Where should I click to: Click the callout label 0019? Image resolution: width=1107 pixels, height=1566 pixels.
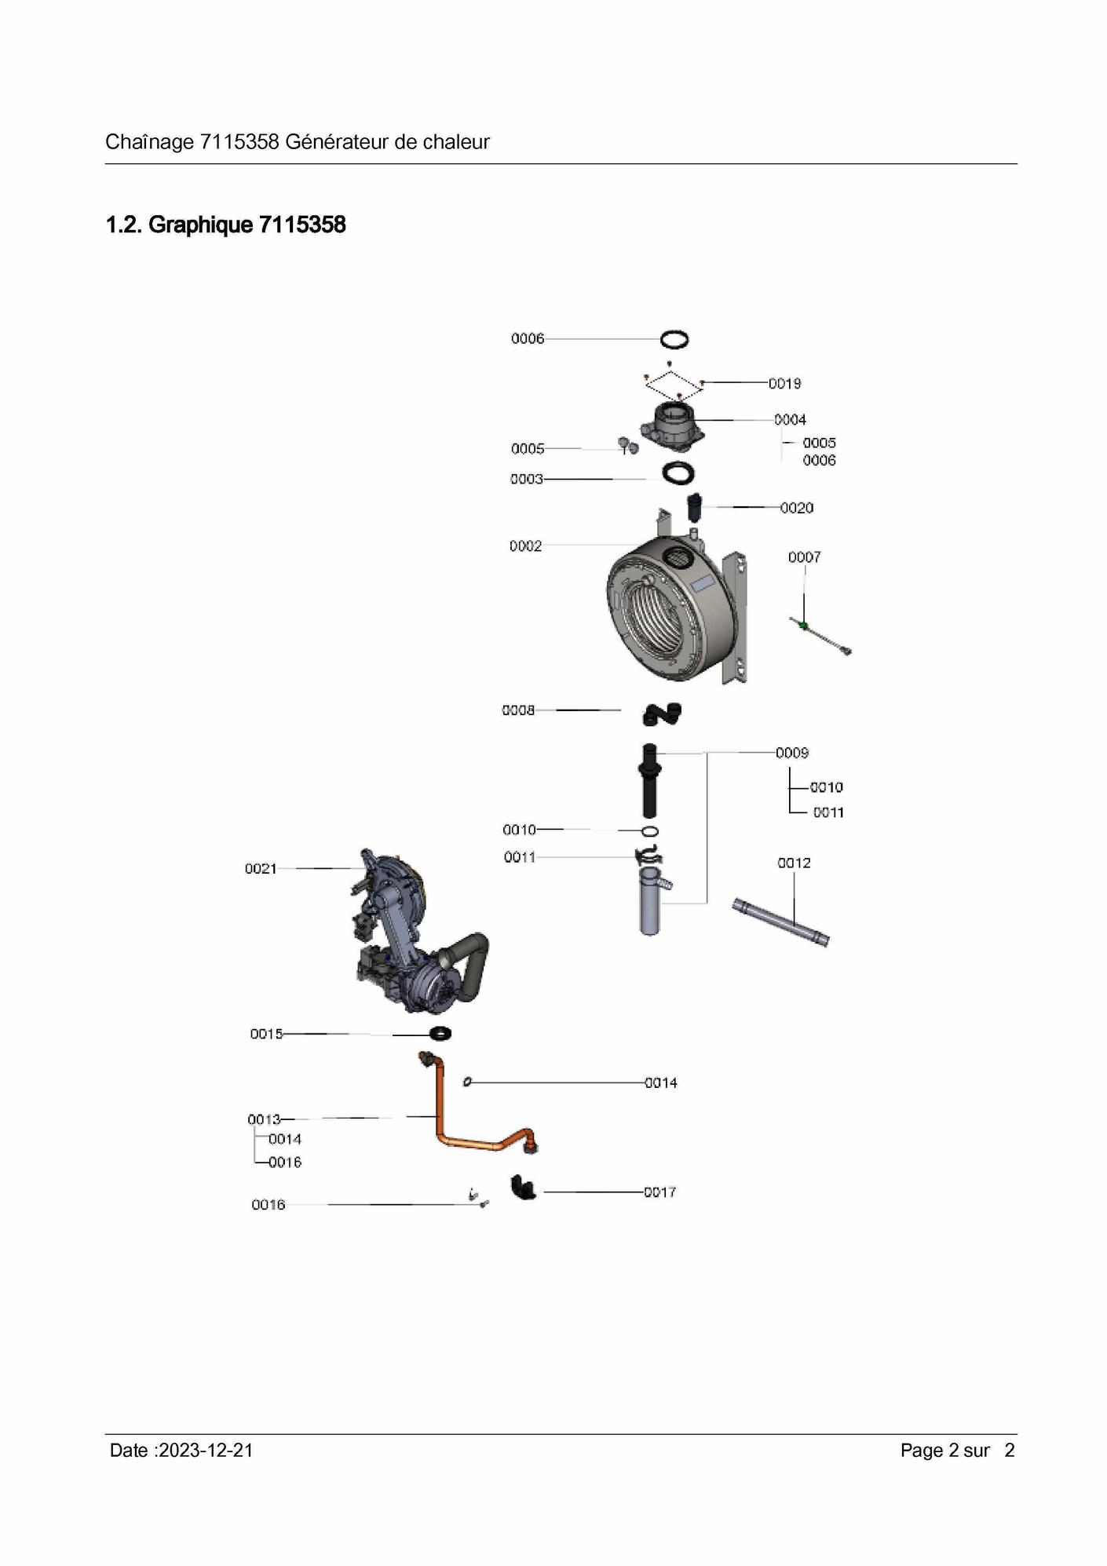coord(784,383)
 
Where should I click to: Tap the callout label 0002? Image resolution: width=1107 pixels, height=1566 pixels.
coord(525,546)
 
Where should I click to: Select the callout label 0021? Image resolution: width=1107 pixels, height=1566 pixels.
coord(261,868)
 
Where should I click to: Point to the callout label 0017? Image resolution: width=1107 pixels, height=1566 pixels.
coord(659,1192)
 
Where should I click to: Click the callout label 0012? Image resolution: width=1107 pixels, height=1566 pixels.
coord(794,863)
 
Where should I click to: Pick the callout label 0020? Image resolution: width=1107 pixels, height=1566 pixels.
coord(797,508)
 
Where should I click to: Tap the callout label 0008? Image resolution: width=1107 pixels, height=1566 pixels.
coord(518,710)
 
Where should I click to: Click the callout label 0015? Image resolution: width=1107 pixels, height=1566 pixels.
coord(266,1034)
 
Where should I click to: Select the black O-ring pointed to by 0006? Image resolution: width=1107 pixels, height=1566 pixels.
coord(674,339)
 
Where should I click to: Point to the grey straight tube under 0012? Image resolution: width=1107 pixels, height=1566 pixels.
coord(780,922)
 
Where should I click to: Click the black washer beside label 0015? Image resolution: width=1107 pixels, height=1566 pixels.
coord(440,1033)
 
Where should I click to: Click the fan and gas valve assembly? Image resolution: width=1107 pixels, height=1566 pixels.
coord(418,933)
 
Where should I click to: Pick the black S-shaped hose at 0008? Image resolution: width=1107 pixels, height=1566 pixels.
coord(662,714)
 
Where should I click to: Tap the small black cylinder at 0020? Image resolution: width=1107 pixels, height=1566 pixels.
coord(694,507)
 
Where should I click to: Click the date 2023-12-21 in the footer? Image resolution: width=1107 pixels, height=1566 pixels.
coord(206,1451)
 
